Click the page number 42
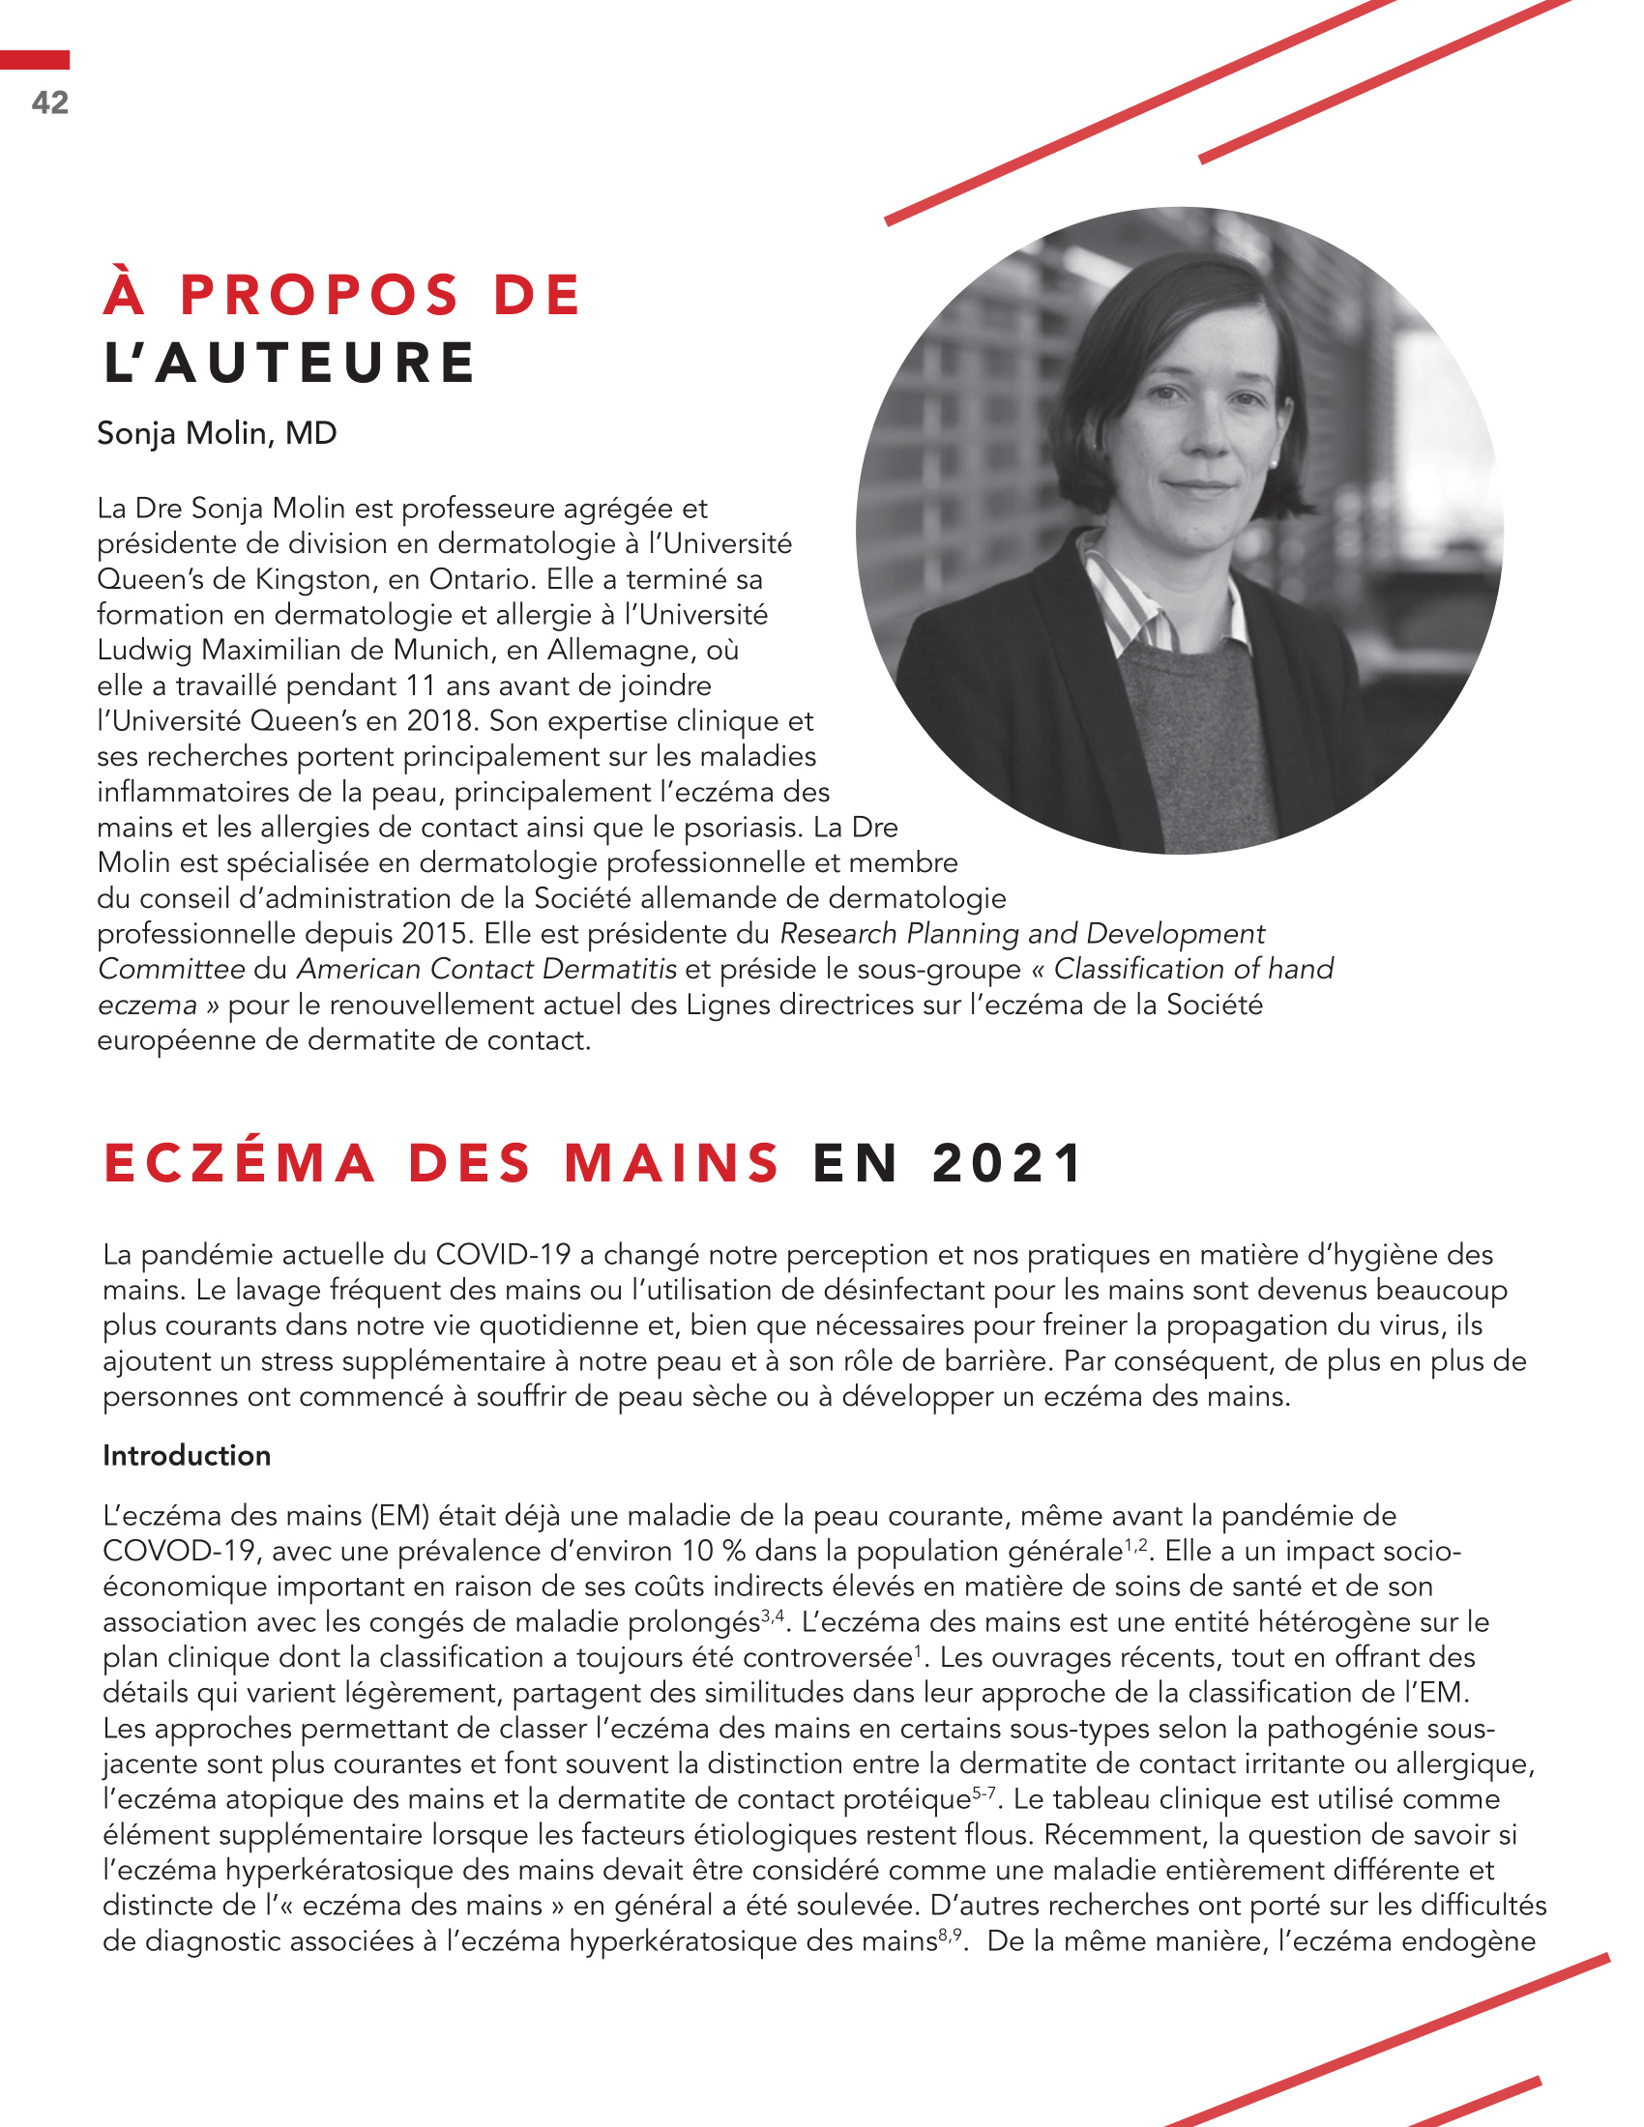pyautogui.click(x=49, y=102)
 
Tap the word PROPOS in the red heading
pyautogui.click(x=318, y=295)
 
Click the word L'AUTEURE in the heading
pyautogui.click(x=289, y=364)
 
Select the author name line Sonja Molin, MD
pyautogui.click(x=217, y=433)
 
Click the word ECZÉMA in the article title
pyautogui.click(x=240, y=1163)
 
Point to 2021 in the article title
pyautogui.click(x=1007, y=1163)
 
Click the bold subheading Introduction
pyautogui.click(x=187, y=1455)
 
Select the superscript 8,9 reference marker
pyautogui.click(x=951, y=1934)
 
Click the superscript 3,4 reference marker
pyautogui.click(x=773, y=1615)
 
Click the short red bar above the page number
pyautogui.click(x=35, y=60)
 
